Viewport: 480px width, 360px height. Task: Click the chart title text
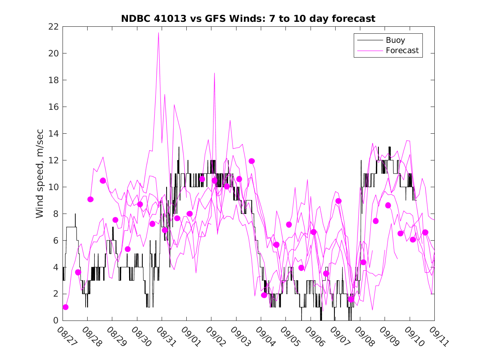[x=248, y=19]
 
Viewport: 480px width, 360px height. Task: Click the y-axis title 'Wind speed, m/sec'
[x=39, y=173]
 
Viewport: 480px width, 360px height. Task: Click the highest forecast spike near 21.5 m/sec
[x=158, y=33]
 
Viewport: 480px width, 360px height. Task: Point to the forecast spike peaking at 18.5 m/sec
[x=214, y=73]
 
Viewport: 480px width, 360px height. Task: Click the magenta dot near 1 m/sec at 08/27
[x=65, y=307]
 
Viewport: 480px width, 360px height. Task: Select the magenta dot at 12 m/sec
[x=252, y=161]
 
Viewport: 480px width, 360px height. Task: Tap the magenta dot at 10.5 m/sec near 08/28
[x=103, y=181]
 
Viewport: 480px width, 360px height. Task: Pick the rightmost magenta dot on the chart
[x=425, y=232]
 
